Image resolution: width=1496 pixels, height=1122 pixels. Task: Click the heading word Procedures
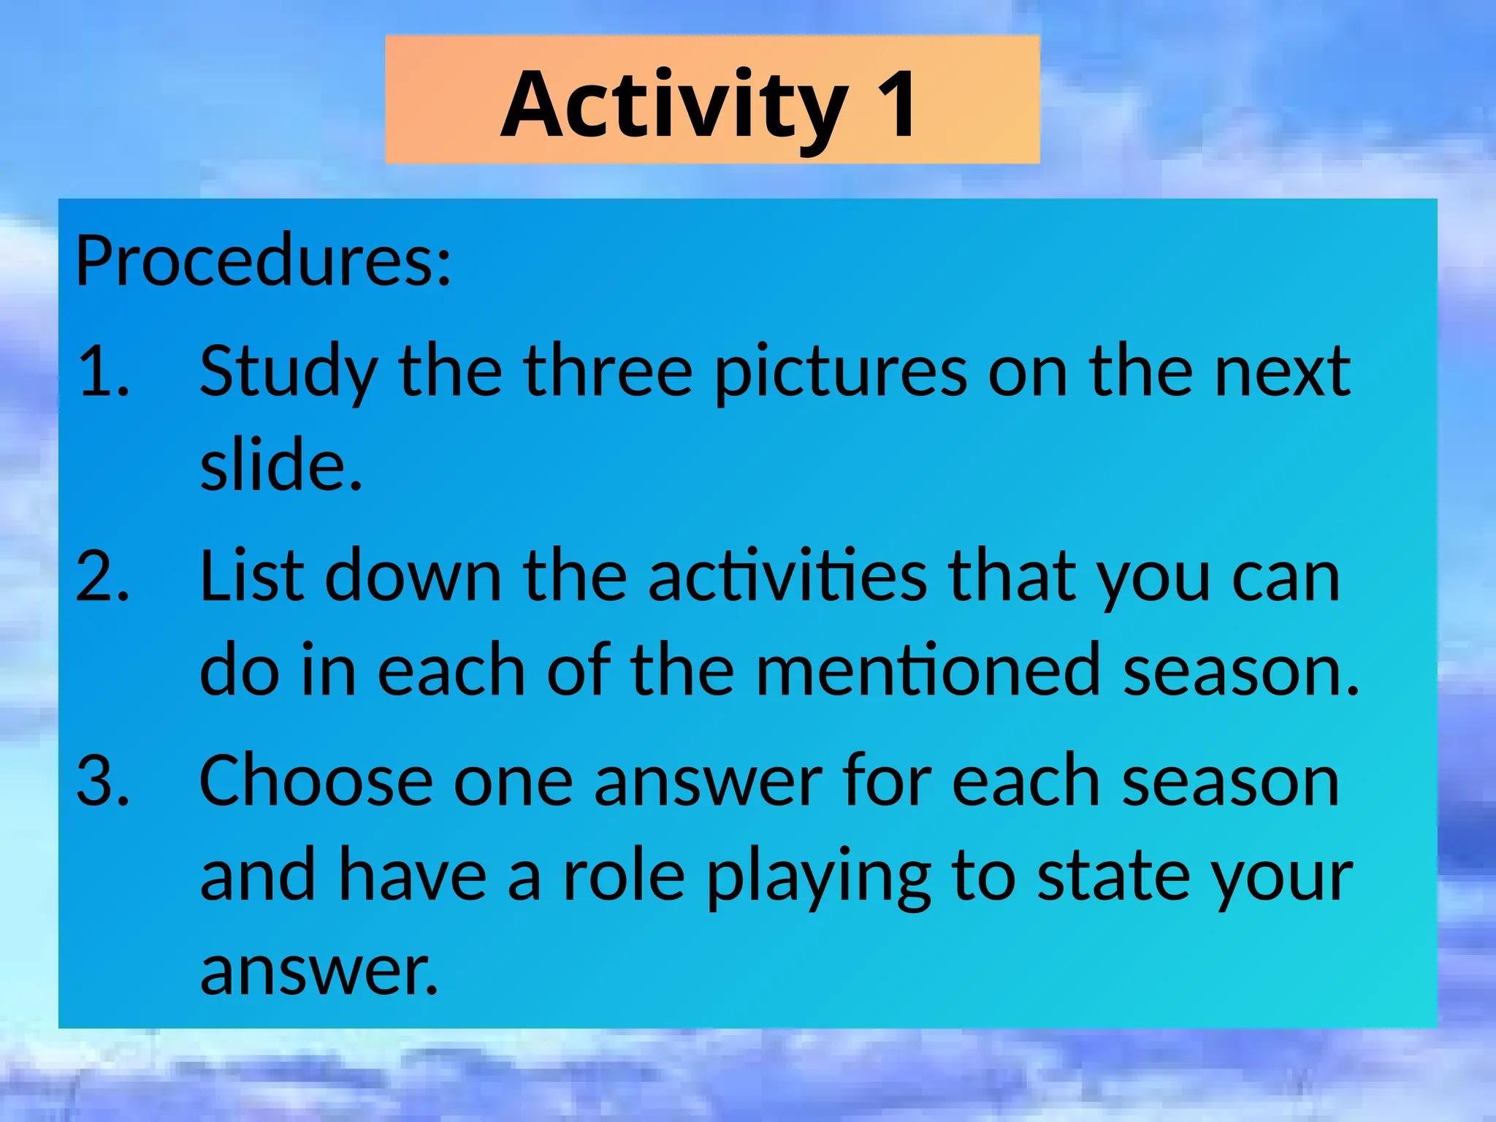[263, 261]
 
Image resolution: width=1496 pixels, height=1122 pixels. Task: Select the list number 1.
[102, 372]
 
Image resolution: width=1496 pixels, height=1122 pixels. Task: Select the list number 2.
[102, 577]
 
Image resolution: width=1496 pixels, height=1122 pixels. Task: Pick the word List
[251, 577]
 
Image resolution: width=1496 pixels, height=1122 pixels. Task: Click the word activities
[787, 577]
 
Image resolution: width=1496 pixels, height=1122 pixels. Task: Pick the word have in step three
[413, 876]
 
